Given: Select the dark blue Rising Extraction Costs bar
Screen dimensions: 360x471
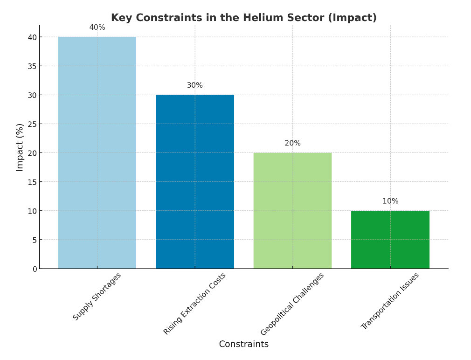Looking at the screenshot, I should (195, 181).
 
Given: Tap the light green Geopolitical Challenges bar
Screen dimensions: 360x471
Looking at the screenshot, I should (292, 210).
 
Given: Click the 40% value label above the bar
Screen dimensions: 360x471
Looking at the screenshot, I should (97, 28).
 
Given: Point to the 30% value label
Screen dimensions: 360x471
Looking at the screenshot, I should (195, 85).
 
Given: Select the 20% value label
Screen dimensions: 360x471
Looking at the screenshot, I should (292, 143).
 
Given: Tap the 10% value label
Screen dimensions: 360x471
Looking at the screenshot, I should (390, 201).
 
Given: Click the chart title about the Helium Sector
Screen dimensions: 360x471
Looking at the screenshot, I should (243, 18).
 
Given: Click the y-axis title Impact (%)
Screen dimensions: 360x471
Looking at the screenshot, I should (20, 147).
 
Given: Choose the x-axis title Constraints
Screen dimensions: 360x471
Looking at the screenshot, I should (243, 344).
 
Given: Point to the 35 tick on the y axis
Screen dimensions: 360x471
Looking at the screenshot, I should (32, 66).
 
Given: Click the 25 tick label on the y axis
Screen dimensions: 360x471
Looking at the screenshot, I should (32, 124).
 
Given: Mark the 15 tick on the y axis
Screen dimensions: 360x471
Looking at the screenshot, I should (32, 182).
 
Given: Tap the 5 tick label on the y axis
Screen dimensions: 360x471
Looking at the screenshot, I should (34, 240).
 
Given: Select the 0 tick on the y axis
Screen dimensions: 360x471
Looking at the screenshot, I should (34, 269).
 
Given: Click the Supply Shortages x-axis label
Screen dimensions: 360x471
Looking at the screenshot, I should (97, 297).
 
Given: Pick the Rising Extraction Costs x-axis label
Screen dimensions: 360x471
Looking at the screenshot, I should (195, 304).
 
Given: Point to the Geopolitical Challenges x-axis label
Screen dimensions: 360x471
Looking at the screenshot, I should (292, 304).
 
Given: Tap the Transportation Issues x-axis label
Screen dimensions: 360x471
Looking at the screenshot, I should (390, 301).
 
